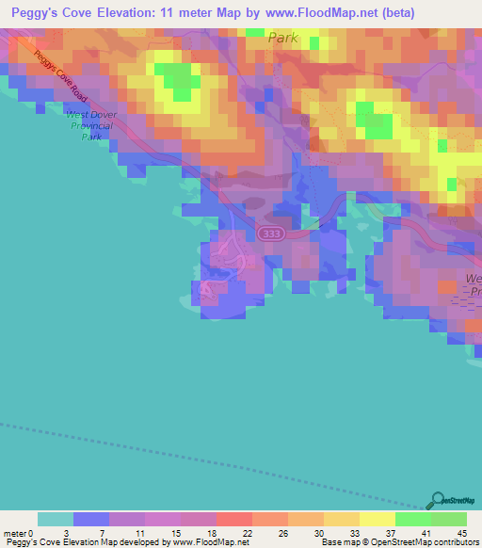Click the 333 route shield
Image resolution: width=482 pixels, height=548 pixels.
click(x=271, y=233)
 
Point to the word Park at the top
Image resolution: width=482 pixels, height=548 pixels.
click(x=282, y=38)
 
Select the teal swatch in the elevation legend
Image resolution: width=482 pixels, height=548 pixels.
click(x=56, y=519)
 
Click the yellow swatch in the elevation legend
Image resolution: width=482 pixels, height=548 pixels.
click(x=377, y=519)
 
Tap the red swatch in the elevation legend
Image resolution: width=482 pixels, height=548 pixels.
click(x=234, y=519)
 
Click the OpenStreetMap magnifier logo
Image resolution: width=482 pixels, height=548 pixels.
click(x=437, y=502)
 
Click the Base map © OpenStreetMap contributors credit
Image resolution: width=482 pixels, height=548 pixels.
click(x=398, y=542)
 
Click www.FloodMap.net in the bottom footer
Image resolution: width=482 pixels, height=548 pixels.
click(x=213, y=542)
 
